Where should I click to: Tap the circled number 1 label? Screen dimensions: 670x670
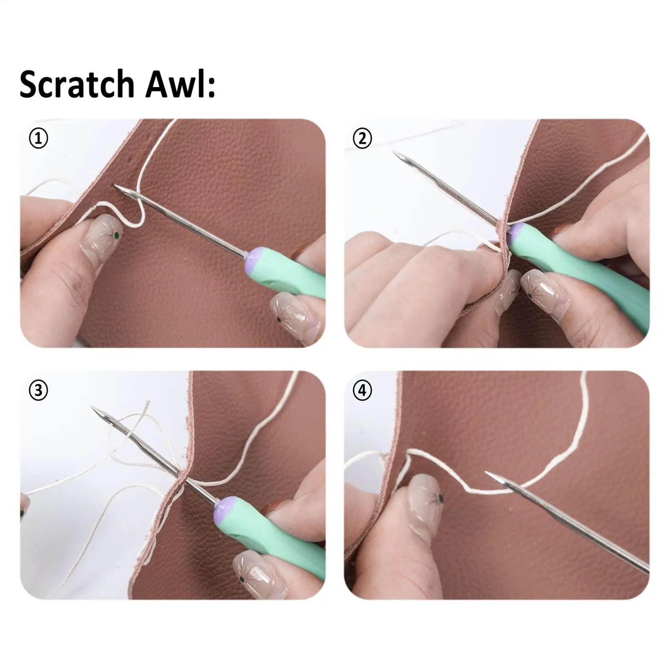pos(39,139)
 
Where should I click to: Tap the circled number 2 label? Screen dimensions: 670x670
pos(362,139)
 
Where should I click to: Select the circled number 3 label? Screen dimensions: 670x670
pos(39,390)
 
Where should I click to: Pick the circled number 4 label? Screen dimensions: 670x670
pos(362,390)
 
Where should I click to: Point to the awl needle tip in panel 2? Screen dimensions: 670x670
pos(394,152)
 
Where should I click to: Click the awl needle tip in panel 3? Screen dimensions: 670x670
pos(93,408)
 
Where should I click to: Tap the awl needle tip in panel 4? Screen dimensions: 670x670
pos(487,473)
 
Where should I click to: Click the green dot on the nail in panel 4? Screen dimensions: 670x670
pos(440,498)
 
